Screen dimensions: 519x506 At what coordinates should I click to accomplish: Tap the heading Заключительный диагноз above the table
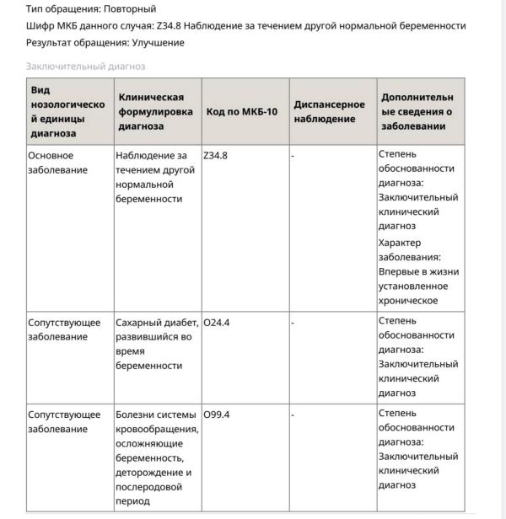85,66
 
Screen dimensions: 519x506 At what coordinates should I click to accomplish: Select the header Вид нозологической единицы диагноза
67,111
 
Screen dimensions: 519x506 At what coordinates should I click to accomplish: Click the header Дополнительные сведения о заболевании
417,112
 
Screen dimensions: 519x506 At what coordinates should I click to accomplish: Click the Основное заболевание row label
57,163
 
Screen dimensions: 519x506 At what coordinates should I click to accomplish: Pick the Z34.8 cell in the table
216,156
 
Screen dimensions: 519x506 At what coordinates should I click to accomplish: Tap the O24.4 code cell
217,322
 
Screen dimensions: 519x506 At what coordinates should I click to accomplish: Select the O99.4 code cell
217,415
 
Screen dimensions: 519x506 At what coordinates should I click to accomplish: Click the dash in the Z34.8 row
293,156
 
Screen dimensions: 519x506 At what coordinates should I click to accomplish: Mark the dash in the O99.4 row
293,415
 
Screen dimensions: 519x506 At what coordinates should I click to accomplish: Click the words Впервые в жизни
417,271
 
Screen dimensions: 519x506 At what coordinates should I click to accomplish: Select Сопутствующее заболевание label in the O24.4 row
63,329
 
